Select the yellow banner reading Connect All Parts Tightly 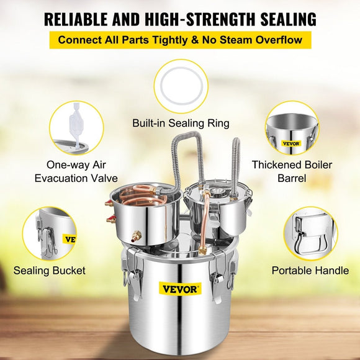[x=180, y=40]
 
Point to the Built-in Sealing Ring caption [x=181, y=123]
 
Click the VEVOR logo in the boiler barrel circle [x=290, y=143]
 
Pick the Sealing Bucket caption [x=50, y=271]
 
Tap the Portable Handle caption [x=310, y=271]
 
